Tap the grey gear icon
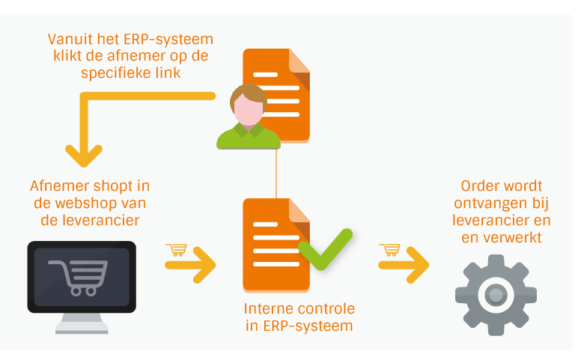coord(496,295)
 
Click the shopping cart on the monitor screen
coord(79,278)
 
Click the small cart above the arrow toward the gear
coord(389,249)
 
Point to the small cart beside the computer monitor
coord(176,249)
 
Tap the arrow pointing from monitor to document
coord(190,265)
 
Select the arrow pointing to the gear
coord(404,265)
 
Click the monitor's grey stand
coord(82,323)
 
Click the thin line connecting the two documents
coord(276,174)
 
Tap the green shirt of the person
coord(249,137)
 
